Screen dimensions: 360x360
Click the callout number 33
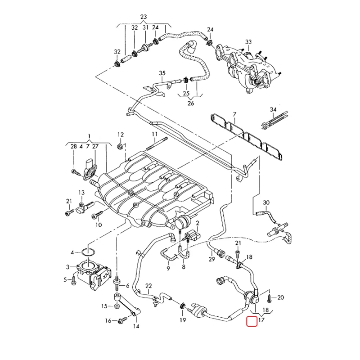tap(248, 42)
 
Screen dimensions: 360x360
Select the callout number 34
tap(273, 110)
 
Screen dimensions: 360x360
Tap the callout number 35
tap(162, 73)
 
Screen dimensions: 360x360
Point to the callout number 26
tap(191, 103)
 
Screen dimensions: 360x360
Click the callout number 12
tap(121, 135)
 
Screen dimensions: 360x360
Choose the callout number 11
tap(155, 134)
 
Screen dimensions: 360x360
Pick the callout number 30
tap(266, 202)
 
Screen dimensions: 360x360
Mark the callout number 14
tap(136, 326)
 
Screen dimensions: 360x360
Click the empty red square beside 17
tap(252, 321)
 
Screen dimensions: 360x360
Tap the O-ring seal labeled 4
tap(88, 252)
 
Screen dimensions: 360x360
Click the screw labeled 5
tap(74, 280)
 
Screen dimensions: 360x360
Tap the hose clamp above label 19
tap(183, 306)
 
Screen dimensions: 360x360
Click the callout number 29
tap(211, 259)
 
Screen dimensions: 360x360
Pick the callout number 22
tap(149, 286)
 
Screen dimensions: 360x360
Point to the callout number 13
tap(82, 193)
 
